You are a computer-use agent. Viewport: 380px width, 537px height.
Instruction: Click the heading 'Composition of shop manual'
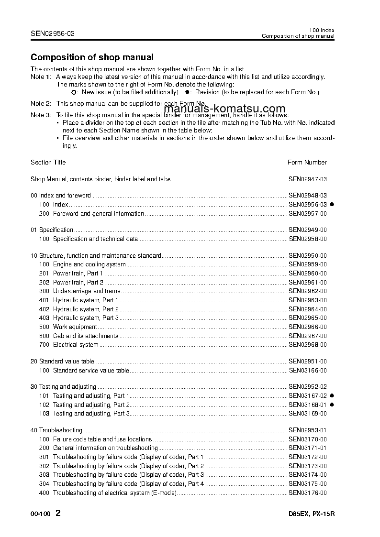tap(92, 57)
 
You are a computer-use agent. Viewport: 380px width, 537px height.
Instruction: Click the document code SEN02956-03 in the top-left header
tap(53, 33)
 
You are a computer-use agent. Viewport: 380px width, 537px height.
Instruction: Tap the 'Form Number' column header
tap(307, 163)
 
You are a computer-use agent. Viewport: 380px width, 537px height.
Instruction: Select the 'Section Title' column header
tap(48, 163)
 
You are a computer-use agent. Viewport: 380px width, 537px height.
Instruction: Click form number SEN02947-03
tap(308, 179)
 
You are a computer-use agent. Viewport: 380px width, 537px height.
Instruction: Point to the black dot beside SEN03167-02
tap(332, 396)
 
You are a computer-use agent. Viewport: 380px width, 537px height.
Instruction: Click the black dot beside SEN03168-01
tap(332, 405)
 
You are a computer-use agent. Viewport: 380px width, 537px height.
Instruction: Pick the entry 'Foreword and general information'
tap(98, 214)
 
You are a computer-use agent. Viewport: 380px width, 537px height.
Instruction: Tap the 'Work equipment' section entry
tap(75, 327)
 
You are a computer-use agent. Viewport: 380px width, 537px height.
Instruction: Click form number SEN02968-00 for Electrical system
tap(308, 345)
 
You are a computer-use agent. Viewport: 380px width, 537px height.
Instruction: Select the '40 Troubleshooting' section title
tap(56, 430)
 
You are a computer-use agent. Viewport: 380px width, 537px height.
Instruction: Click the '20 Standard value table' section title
tap(62, 362)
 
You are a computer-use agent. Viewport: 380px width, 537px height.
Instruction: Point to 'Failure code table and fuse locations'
tap(102, 439)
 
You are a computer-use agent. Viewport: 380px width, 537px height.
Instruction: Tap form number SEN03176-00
tap(308, 493)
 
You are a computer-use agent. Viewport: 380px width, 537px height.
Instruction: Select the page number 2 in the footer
tap(58, 514)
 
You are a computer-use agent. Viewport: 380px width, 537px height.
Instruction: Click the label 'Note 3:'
tap(41, 115)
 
